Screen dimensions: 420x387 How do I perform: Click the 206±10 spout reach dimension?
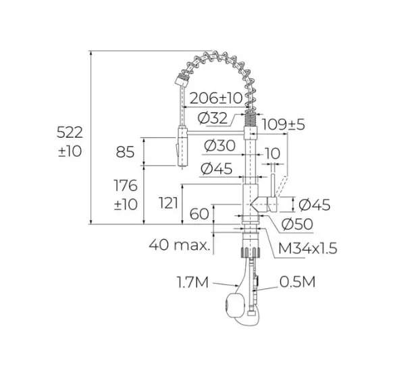tap(216, 98)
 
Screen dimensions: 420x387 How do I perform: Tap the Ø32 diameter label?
tap(213, 118)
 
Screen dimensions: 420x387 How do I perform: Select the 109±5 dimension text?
tap(283, 124)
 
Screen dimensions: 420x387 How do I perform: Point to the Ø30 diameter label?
tap(219, 145)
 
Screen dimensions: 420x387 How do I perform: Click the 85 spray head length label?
tap(125, 152)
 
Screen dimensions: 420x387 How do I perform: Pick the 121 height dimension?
tap(168, 203)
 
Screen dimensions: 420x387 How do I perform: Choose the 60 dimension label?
tap(199, 214)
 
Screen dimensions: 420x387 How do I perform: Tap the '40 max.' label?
tap(180, 244)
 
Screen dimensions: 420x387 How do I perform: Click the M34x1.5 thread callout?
tap(307, 248)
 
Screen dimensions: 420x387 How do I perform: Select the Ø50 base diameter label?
tap(297, 224)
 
